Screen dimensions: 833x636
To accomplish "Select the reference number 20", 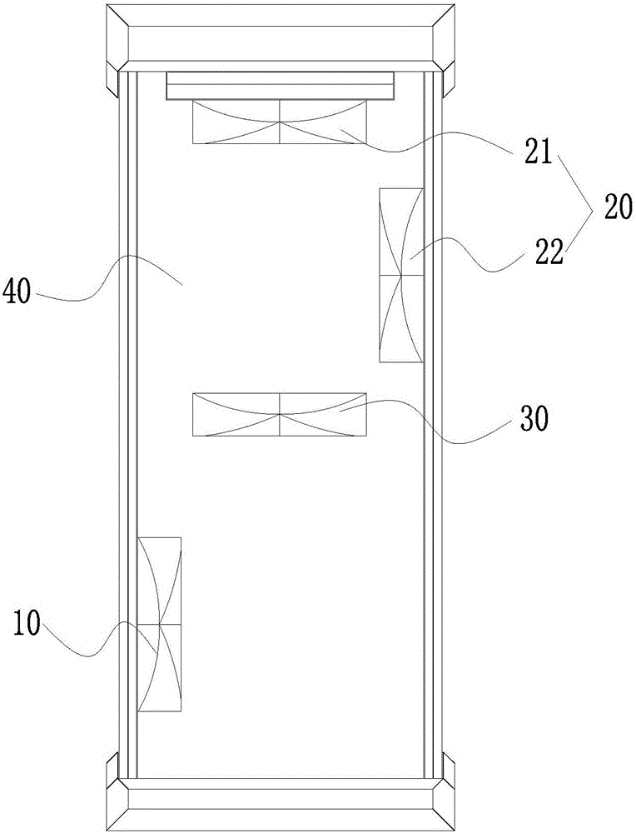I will click(618, 205).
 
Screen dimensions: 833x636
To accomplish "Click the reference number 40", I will click(18, 292).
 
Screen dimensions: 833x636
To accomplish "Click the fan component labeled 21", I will click(280, 122).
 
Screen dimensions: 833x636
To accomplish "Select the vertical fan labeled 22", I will click(401, 275).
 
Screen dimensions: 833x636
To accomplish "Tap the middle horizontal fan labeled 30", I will click(280, 414).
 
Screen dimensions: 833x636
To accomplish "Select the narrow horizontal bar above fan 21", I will click(280, 85).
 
